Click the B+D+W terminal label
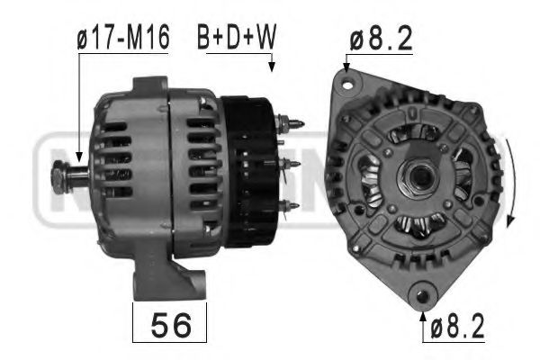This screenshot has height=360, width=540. (235, 40)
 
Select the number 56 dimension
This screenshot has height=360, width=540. (170, 324)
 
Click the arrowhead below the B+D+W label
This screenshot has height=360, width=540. (270, 66)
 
